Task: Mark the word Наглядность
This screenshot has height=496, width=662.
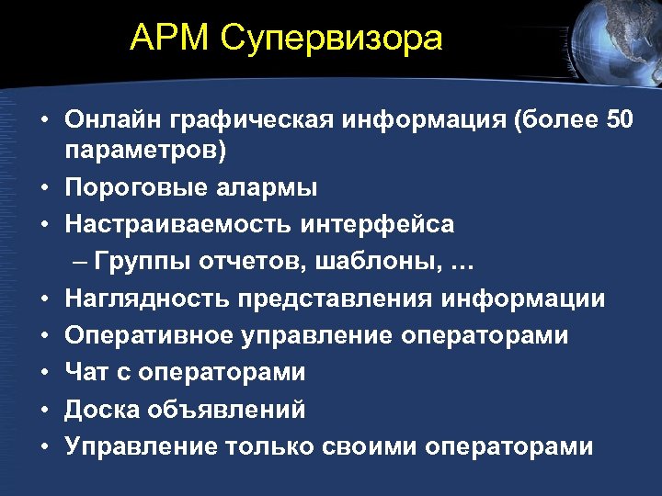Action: point(146,299)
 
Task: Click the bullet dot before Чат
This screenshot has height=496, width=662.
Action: point(44,373)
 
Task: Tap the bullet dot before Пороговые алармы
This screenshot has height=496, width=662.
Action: point(44,188)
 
